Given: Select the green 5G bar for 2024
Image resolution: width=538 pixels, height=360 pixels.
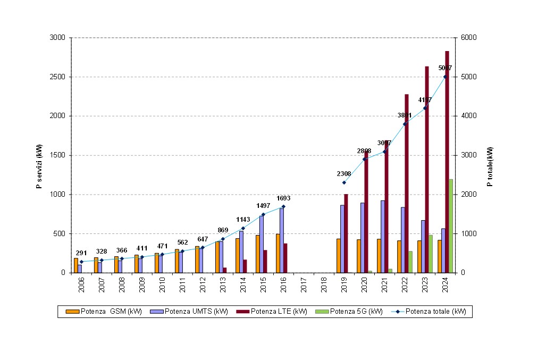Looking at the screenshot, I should [x=451, y=226].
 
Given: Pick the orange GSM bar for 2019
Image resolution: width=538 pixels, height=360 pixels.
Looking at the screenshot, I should [x=338, y=256].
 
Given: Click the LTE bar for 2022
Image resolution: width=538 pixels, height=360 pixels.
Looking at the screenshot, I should [x=407, y=183].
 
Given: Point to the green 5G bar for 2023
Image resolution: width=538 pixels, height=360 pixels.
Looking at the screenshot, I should [x=431, y=254].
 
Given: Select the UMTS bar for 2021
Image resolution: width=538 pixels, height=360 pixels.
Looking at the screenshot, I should [x=383, y=237].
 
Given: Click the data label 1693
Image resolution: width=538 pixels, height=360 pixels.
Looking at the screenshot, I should [x=283, y=198].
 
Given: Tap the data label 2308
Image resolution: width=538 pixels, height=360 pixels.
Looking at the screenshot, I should [x=343, y=174].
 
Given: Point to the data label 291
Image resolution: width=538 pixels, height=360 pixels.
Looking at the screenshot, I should [x=81, y=253].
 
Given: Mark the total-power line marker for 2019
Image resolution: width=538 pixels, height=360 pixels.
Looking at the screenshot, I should [x=344, y=182].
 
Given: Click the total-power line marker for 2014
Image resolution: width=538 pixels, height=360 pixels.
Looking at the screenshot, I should [x=243, y=228].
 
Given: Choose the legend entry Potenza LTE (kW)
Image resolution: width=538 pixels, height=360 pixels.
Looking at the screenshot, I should [x=274, y=312].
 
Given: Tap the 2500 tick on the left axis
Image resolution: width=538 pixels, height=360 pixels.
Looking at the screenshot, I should [x=57, y=77].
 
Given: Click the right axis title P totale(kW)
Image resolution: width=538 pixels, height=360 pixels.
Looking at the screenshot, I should [x=490, y=167].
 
